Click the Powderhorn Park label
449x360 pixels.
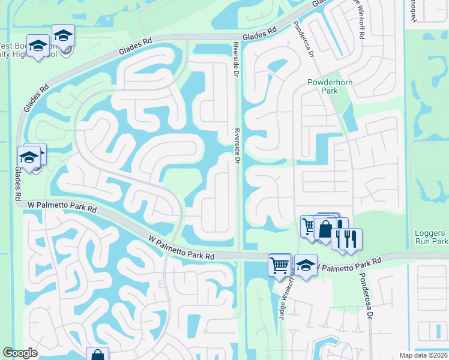(323, 86)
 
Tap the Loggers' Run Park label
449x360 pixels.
(432, 238)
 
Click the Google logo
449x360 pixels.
(20, 353)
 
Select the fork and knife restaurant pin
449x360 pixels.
(349, 238)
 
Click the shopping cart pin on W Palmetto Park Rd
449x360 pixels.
(280, 265)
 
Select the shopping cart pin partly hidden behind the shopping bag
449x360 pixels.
(309, 226)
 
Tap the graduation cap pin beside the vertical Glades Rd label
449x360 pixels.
(29, 157)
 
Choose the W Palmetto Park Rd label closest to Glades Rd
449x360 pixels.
(62, 208)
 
